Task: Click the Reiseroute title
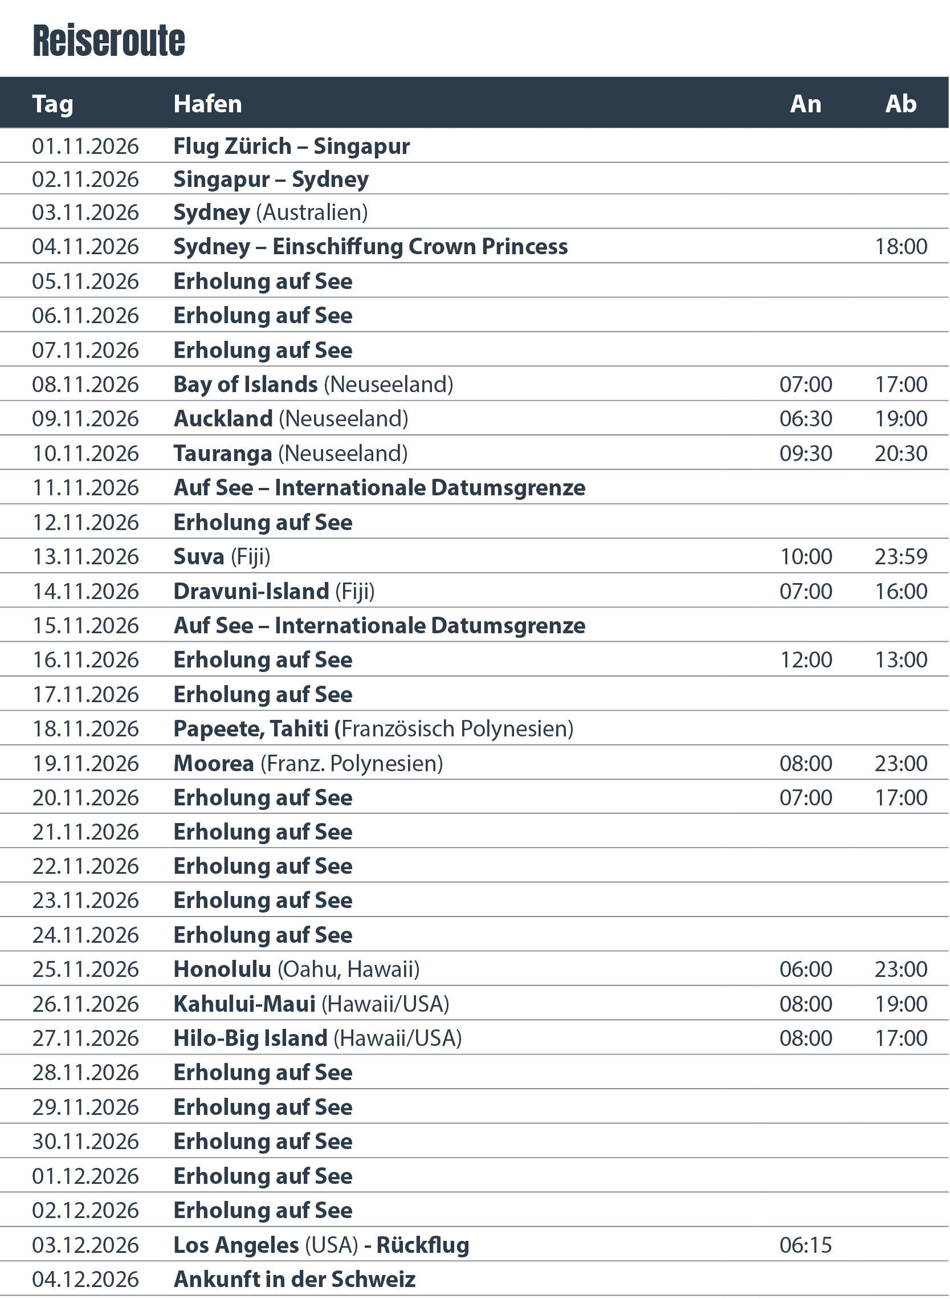pyautogui.click(x=109, y=41)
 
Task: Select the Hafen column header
pyautogui.click(x=207, y=104)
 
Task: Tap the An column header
pyautogui.click(x=805, y=104)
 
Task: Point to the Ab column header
pyautogui.click(x=900, y=104)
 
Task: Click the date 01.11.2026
pyautogui.click(x=85, y=146)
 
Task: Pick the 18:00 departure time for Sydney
pyautogui.click(x=900, y=247)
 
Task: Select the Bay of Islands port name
pyautogui.click(x=246, y=384)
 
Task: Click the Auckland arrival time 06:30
pyautogui.click(x=805, y=418)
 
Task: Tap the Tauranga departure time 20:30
pyautogui.click(x=900, y=453)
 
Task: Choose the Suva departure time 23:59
pyautogui.click(x=900, y=557)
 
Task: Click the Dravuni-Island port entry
pyautogui.click(x=274, y=591)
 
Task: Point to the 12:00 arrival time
pyautogui.click(x=805, y=660)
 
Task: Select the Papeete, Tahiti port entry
pyautogui.click(x=373, y=729)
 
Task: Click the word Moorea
pyautogui.click(x=214, y=764)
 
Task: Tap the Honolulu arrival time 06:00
pyautogui.click(x=805, y=970)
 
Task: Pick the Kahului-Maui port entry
pyautogui.click(x=311, y=1004)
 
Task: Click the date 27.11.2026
pyautogui.click(x=85, y=1039)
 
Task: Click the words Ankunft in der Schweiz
pyautogui.click(x=295, y=1280)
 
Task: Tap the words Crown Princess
pyautogui.click(x=488, y=247)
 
